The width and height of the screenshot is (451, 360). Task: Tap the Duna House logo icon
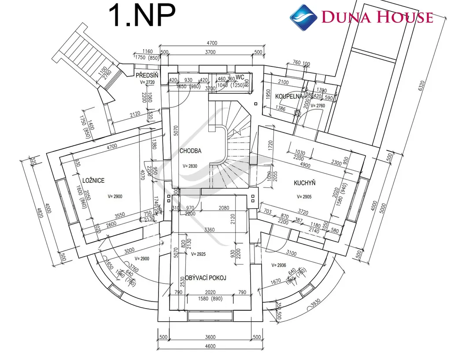tap(303, 17)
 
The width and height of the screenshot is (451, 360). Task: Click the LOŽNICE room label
tap(93, 180)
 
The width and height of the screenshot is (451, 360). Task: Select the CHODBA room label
tap(190, 151)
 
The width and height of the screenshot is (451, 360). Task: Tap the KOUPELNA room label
tap(289, 96)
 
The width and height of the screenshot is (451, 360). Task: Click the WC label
tap(240, 77)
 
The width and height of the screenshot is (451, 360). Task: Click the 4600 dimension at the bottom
tap(210, 346)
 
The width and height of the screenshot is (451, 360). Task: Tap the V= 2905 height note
tap(304, 197)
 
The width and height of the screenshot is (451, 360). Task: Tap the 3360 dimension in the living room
tap(210, 230)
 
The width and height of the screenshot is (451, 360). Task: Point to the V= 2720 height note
tap(147, 82)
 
